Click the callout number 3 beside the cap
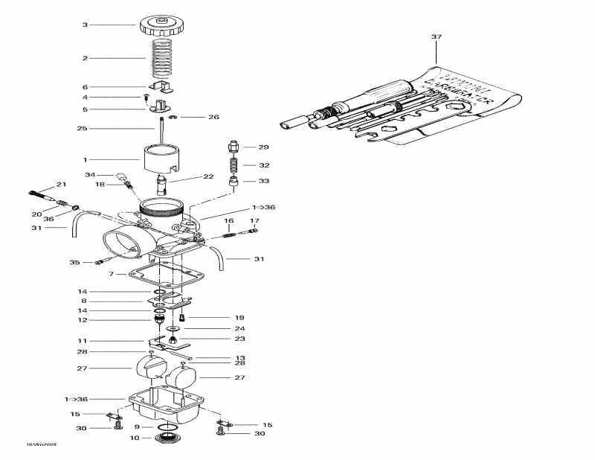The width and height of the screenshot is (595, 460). (x=85, y=25)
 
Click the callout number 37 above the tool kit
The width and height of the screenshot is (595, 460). (x=436, y=37)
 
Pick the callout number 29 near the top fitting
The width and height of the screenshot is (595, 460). (x=263, y=147)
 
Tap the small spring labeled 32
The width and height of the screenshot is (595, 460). (x=236, y=165)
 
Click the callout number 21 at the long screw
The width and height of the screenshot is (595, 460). (x=61, y=185)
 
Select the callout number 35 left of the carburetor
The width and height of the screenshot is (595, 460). (x=74, y=263)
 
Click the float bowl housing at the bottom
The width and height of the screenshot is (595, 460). (x=168, y=406)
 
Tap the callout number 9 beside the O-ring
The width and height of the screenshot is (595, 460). (x=138, y=427)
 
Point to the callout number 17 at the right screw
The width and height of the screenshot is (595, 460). (x=254, y=221)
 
